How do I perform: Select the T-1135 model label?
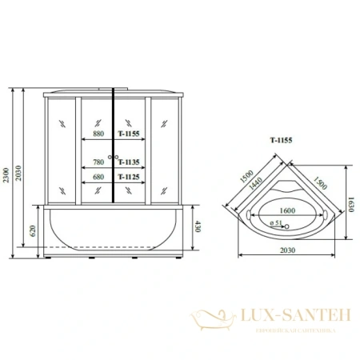point(130,158)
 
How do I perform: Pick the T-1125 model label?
point(130,177)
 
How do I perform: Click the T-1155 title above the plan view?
point(280,139)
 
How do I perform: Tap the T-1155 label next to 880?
point(130,135)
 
